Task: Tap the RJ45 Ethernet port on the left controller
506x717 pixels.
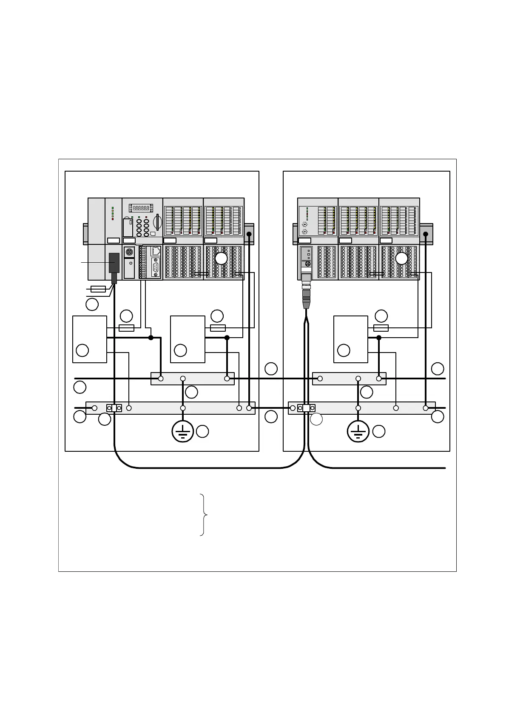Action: pos(156,251)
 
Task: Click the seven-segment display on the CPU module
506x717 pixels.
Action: pos(141,208)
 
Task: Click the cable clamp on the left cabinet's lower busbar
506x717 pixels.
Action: pos(114,408)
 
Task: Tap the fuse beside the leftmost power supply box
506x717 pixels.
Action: pos(127,328)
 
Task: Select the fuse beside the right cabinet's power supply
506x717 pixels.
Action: pos(381,328)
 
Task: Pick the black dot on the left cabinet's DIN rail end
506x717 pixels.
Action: pos(249,234)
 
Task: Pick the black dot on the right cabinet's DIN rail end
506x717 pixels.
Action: pos(426,234)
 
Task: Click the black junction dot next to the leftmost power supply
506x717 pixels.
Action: pos(151,338)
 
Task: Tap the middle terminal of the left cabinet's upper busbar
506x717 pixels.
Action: pos(183,379)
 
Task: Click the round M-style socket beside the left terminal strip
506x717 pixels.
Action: pos(129,252)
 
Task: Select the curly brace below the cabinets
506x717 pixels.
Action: pos(205,515)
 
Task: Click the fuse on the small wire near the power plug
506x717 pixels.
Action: pos(98,289)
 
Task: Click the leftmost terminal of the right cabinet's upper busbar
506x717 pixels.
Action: pos(320,379)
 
